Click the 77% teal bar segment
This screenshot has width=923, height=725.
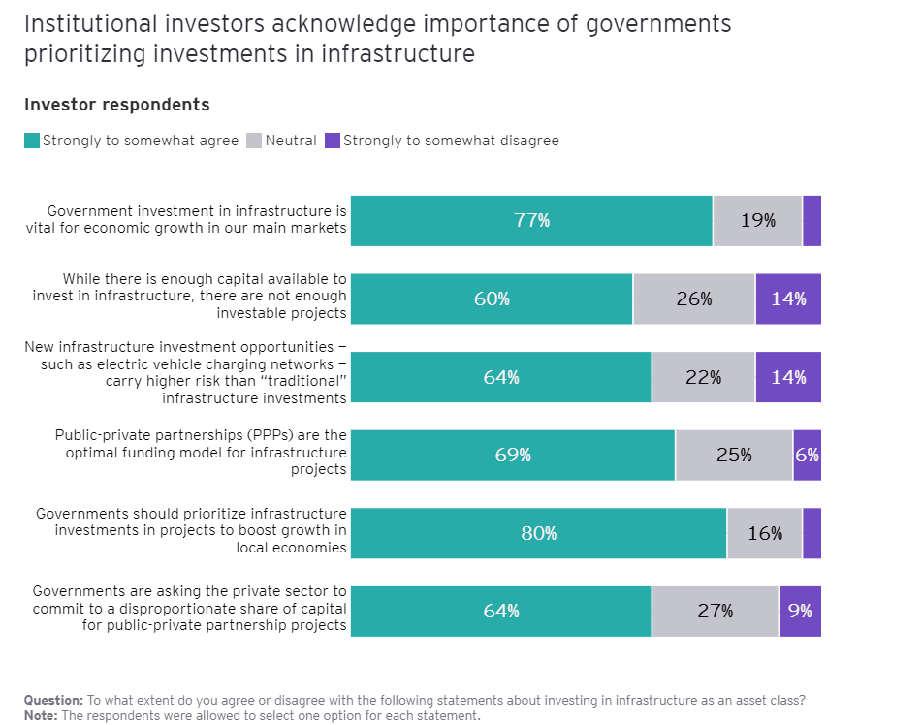tap(531, 221)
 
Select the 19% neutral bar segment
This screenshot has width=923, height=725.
tap(757, 221)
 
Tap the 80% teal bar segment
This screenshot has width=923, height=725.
tap(538, 533)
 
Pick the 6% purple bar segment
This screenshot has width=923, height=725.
tap(807, 455)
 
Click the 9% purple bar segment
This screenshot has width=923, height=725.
tap(800, 611)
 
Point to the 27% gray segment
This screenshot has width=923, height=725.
tap(715, 611)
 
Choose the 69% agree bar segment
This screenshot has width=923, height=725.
tap(513, 455)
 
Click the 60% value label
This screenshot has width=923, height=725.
tap(492, 299)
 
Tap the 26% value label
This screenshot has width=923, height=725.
tap(694, 299)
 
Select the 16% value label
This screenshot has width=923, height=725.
tap(765, 533)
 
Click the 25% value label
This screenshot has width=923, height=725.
tap(734, 455)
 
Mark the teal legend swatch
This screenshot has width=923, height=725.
tap(32, 142)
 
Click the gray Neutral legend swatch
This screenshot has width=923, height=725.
tap(255, 142)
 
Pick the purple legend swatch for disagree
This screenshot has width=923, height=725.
tap(333, 142)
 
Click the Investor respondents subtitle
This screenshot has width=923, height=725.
tap(116, 105)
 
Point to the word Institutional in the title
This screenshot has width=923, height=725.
tap(83, 24)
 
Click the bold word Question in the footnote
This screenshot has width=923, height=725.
tap(53, 700)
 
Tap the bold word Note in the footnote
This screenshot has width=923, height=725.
tap(42, 715)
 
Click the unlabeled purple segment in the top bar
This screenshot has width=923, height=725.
tap(812, 221)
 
